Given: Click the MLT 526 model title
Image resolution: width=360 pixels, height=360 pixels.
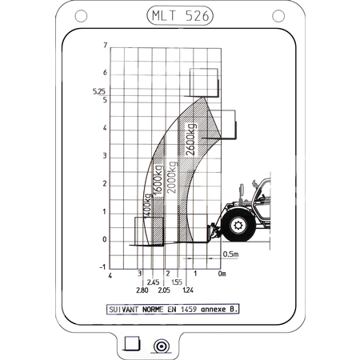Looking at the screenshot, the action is coord(180,16).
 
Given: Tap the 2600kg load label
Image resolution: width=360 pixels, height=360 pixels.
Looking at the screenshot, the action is coord(191,139).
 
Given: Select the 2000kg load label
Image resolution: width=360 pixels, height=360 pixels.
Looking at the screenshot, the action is coord(171,177).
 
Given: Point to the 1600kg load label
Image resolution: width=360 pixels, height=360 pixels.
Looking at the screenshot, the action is coord(158,180).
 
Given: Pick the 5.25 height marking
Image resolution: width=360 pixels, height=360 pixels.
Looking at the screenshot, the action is coord(99,91).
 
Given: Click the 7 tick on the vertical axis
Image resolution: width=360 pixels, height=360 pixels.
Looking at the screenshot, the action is coord(106,46).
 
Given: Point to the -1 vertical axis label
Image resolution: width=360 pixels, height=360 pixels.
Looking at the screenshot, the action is coord(102,267).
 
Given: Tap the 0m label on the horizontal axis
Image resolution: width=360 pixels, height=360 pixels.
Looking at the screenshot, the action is coord(222,274).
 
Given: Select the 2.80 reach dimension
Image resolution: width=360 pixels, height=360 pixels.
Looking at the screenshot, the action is coord(142,290).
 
